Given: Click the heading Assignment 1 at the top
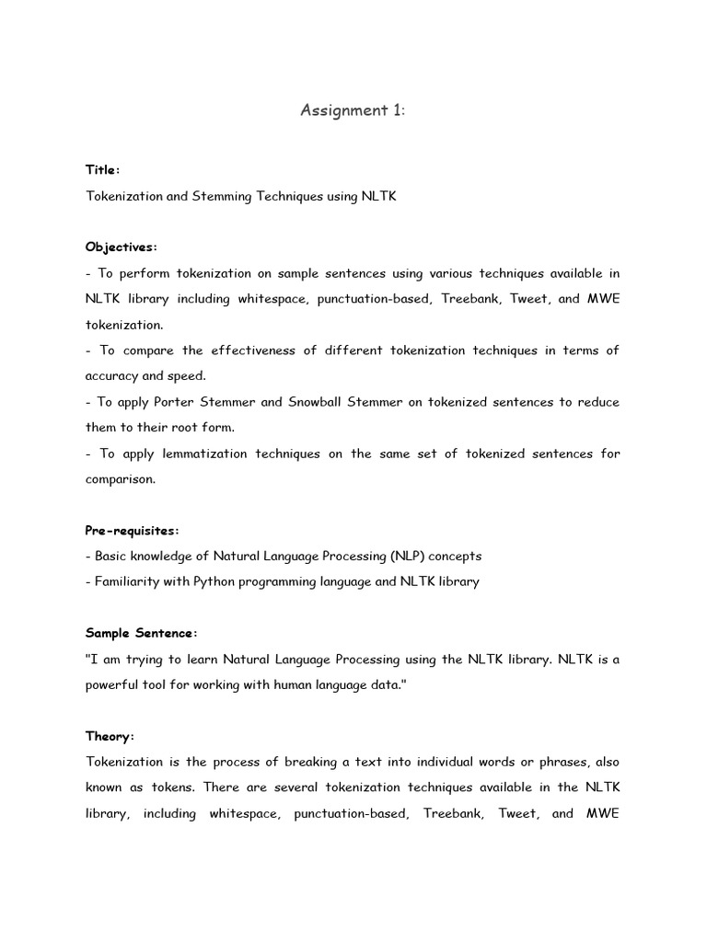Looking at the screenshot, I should [x=353, y=110].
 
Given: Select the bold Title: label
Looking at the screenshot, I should [x=103, y=169].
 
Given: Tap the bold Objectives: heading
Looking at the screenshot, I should [x=122, y=247].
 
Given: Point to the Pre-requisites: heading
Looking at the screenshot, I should [x=133, y=530].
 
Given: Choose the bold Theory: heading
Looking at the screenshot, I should [x=110, y=736].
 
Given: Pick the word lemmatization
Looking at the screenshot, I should [x=207, y=454].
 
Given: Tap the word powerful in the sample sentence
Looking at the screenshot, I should [x=113, y=684].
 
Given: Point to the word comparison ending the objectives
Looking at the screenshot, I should [x=120, y=478].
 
